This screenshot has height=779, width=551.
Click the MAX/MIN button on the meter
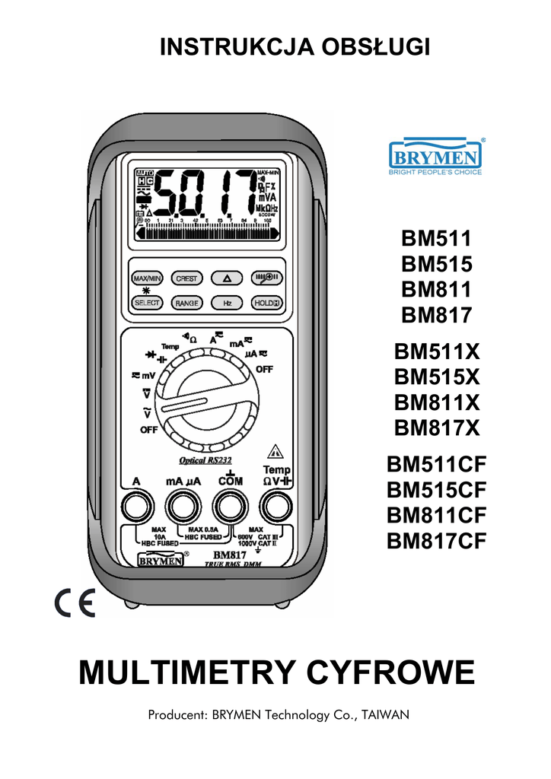tap(146, 278)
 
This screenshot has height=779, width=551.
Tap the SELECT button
tap(146, 303)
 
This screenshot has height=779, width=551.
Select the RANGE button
tap(186, 303)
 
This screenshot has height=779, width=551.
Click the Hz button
tap(227, 303)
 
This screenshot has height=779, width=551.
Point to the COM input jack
tap(227, 504)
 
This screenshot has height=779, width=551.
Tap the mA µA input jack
tap(183, 504)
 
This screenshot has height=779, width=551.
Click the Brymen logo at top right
tap(435, 157)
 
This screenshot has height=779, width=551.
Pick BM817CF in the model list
tap(436, 541)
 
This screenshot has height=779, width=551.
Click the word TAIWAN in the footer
tap(385, 715)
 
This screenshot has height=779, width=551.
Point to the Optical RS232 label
tap(204, 460)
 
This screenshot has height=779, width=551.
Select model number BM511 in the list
tap(436, 238)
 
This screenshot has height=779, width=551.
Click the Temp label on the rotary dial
tap(169, 347)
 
